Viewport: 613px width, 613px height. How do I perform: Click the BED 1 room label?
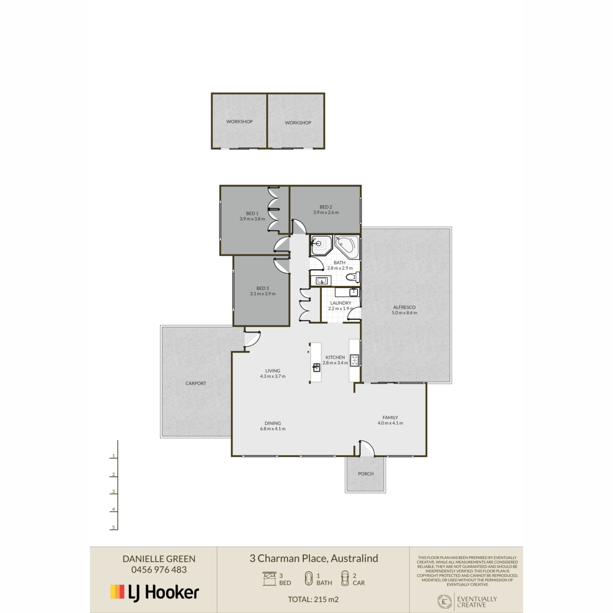tap(252, 214)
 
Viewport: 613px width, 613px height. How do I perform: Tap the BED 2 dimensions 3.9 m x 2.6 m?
tap(326, 213)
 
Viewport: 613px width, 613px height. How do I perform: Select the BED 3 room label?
tap(263, 288)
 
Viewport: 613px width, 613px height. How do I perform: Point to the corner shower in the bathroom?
tap(321, 245)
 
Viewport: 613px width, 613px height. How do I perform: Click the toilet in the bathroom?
tap(353, 277)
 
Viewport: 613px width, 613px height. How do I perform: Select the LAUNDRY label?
tap(341, 303)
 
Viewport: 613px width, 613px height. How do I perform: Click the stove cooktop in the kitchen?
tap(355, 360)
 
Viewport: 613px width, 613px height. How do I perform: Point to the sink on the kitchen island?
tap(316, 367)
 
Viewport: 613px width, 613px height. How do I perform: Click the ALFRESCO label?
tap(404, 308)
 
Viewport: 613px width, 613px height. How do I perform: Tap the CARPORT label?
tap(196, 383)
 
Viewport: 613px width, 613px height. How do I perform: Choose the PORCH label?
tap(366, 474)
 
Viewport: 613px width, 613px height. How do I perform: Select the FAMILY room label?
tap(390, 417)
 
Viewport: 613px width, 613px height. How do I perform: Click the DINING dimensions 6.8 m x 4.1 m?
tap(273, 429)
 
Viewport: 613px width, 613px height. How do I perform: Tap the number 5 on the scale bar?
tap(113, 527)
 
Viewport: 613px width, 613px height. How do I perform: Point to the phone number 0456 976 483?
tap(159, 570)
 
